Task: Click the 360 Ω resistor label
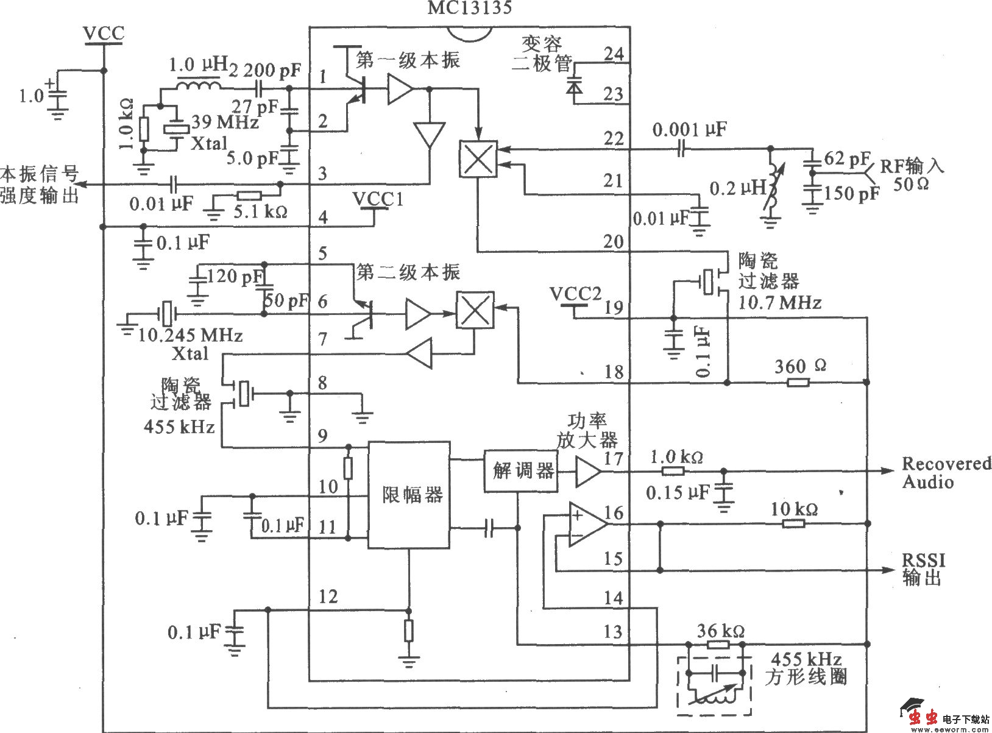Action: point(800,366)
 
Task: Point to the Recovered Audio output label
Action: point(946,472)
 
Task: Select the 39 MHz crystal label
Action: point(225,122)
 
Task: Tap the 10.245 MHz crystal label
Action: point(191,335)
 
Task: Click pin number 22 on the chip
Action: point(613,138)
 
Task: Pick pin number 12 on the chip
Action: point(328,596)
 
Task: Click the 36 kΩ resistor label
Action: point(720,630)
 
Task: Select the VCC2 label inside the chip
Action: point(575,294)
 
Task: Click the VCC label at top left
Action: point(104,33)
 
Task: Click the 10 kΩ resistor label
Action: point(794,508)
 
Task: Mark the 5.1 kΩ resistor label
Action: point(260,211)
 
